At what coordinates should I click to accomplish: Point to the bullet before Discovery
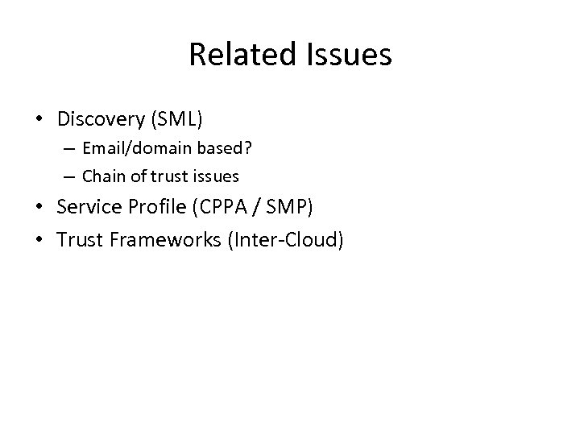click(x=39, y=120)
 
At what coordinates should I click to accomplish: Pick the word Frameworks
click(x=161, y=239)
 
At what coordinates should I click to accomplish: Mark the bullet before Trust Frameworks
click(x=39, y=240)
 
